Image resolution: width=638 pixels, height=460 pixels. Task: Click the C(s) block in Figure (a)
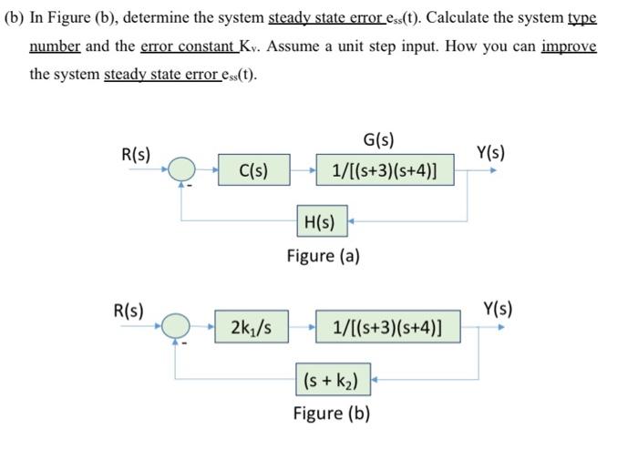coord(252,169)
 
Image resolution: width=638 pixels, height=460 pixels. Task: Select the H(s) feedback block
coord(319,220)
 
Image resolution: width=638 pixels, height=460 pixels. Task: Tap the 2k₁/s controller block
coord(251,325)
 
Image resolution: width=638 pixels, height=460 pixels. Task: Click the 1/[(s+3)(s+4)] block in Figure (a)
coord(384,169)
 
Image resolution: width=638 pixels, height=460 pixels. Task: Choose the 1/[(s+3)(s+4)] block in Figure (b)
coord(387,325)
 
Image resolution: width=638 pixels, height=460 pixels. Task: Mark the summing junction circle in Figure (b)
coord(177,325)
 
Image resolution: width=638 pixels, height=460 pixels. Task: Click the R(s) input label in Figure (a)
coord(137,153)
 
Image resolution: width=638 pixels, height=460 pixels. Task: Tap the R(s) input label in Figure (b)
coord(128,309)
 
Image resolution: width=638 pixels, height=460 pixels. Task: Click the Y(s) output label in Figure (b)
coord(498,308)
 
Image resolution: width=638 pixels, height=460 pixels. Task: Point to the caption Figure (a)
coord(323,255)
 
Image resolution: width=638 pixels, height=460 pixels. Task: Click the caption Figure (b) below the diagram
coord(331,413)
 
